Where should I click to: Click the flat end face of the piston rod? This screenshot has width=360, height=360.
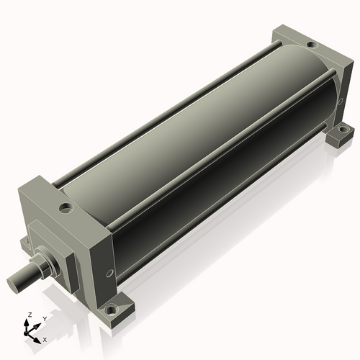12,284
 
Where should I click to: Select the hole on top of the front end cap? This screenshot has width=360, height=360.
66,207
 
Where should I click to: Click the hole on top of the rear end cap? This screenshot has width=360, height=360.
312,45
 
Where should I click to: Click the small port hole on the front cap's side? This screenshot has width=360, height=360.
109,273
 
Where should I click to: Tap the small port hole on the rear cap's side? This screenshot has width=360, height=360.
340,102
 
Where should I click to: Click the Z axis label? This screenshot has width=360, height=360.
30,315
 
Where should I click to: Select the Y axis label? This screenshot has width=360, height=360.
45,319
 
